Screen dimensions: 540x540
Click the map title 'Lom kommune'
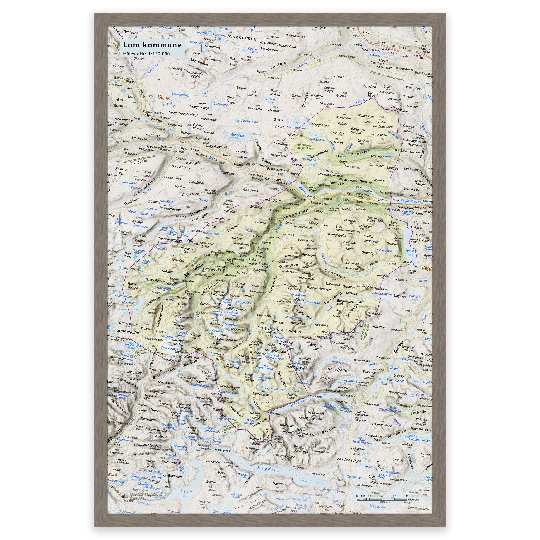[x=153, y=45]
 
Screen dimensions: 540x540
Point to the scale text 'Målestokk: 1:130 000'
[x=147, y=53]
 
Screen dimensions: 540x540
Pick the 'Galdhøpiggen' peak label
[x=236, y=309]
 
